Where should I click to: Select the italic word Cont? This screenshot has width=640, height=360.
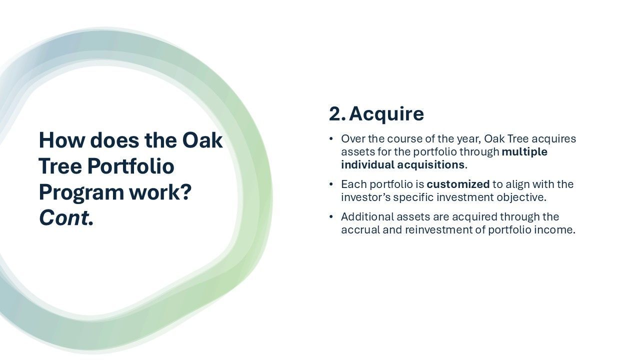tap(66, 218)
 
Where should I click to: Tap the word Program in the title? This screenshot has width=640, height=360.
tap(81, 193)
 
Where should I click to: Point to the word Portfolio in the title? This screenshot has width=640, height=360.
tap(130, 166)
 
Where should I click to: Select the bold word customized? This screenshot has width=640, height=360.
tap(458, 184)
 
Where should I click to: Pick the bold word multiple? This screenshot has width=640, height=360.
tap(524, 151)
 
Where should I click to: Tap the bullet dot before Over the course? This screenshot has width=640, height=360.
tap(331, 139)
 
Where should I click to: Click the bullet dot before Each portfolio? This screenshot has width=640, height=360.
tap(331, 184)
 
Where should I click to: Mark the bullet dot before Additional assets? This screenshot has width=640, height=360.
tap(331, 217)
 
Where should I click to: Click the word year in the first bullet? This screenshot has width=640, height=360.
tap(469, 139)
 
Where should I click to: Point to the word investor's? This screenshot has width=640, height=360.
tap(365, 197)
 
